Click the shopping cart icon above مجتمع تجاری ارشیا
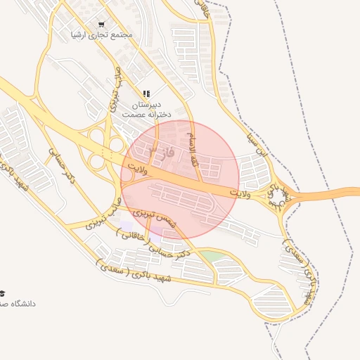102,24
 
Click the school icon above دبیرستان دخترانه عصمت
146,93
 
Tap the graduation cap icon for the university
3,292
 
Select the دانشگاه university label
18,304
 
